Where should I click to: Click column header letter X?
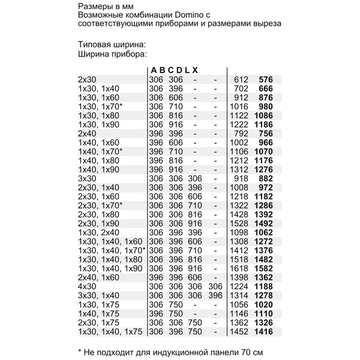click(x=195, y=70)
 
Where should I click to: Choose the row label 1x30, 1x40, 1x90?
click(x=110, y=268)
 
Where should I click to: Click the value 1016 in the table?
click(x=240, y=106)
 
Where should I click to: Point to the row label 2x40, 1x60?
click(x=99, y=277)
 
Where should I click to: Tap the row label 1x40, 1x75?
click(x=99, y=313)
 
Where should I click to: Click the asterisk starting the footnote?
click(x=80, y=350)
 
